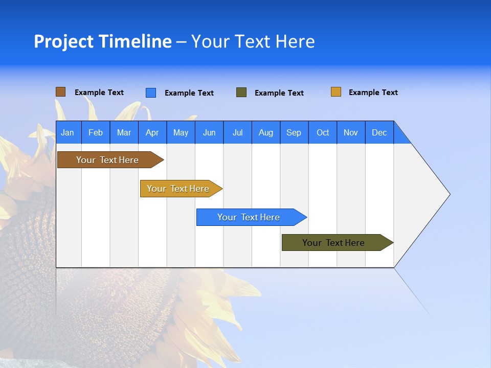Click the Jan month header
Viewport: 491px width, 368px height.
pyautogui.click(x=68, y=132)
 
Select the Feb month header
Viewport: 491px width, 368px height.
pyautogui.click(x=96, y=132)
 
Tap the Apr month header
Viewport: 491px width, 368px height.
pyautogui.click(x=152, y=132)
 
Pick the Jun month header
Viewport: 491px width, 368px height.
pyautogui.click(x=209, y=132)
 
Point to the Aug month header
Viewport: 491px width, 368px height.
pyautogui.click(x=265, y=132)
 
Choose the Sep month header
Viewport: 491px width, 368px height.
pyautogui.click(x=294, y=132)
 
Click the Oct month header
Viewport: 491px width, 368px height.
pyautogui.click(x=323, y=132)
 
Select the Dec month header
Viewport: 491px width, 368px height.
pyautogui.click(x=379, y=132)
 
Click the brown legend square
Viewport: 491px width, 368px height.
pyautogui.click(x=60, y=92)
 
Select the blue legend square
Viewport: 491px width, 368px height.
pyautogui.click(x=150, y=93)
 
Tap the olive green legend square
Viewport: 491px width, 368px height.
pyautogui.click(x=241, y=93)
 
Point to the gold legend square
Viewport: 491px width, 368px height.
pyautogui.click(x=336, y=92)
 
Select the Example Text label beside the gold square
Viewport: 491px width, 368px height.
pyautogui.click(x=373, y=93)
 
